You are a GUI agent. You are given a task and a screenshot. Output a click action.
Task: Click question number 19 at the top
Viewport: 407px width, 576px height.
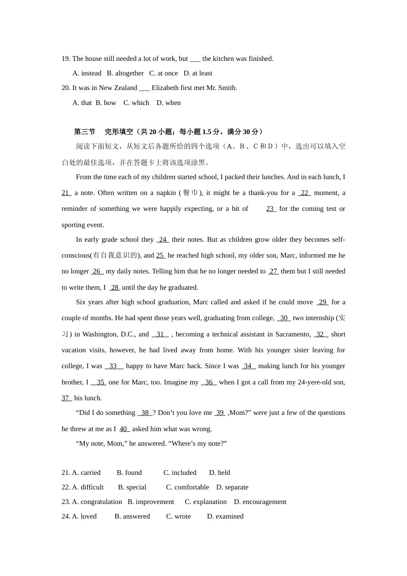coord(66,59)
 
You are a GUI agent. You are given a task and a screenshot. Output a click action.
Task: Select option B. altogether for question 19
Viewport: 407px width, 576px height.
coord(125,73)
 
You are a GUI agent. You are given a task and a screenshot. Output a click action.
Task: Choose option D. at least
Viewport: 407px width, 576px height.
coord(198,73)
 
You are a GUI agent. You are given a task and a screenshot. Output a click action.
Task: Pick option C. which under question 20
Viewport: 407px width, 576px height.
coord(136,103)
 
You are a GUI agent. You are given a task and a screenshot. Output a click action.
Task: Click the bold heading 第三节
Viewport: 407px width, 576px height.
coord(84,132)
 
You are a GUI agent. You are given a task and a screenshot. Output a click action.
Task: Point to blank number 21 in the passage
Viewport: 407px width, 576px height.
coord(66,193)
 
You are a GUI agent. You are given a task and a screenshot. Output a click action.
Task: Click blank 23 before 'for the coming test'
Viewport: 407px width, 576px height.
coord(271,209)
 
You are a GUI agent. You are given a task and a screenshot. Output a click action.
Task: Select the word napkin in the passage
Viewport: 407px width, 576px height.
coord(166,193)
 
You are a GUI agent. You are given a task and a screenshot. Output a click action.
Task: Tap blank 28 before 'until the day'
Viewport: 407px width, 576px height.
coord(115,288)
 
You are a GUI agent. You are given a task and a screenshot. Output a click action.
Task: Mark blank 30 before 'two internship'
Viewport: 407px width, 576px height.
coord(284,318)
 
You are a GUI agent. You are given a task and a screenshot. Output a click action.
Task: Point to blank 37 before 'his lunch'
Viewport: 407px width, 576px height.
coord(66,398)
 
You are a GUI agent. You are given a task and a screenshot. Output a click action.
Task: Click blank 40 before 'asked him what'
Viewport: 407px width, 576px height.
coord(124,429)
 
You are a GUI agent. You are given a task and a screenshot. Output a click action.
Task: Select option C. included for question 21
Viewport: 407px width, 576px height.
coord(180,473)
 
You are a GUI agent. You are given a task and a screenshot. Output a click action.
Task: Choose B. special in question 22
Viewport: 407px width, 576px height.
coord(132,487)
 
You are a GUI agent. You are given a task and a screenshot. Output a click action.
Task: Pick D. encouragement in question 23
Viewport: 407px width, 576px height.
coord(260,502)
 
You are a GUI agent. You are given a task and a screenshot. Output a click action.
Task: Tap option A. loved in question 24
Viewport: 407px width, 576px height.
coord(84,516)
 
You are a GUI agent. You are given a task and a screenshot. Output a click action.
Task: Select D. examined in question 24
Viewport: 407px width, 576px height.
coord(225,516)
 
